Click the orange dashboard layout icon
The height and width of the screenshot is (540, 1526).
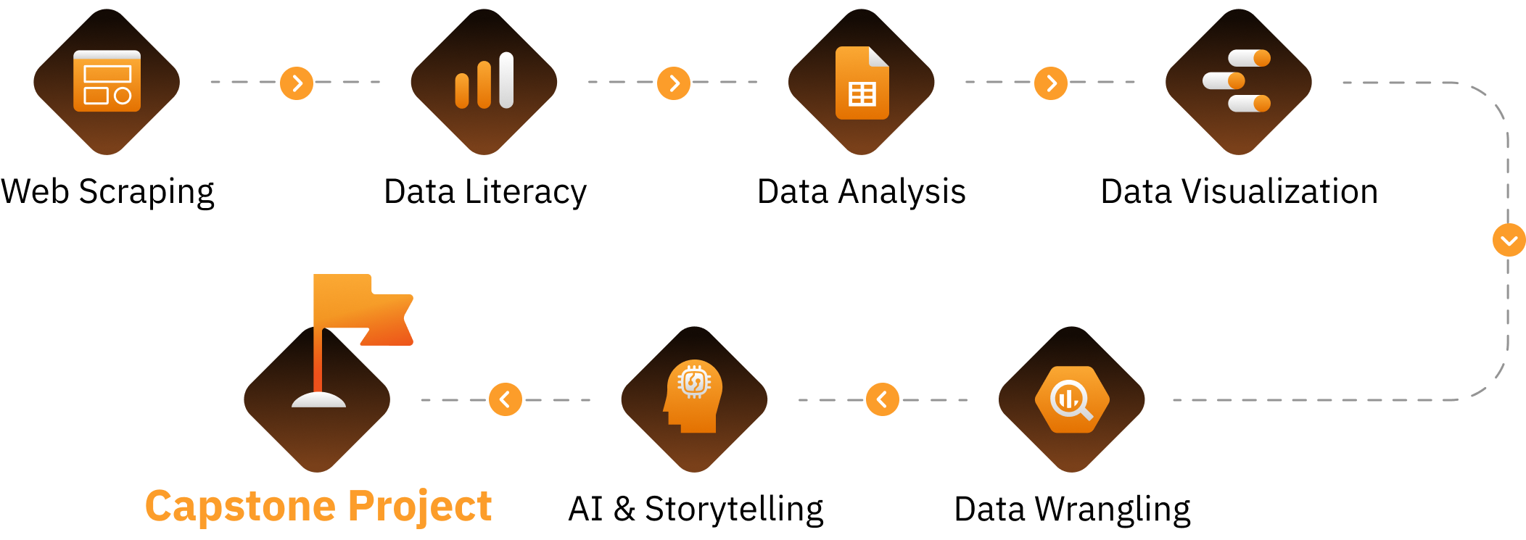tap(107, 81)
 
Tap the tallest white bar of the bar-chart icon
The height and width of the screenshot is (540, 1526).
tap(506, 80)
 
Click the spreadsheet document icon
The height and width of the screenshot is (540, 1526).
tap(862, 83)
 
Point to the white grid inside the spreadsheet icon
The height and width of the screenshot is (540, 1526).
tap(862, 94)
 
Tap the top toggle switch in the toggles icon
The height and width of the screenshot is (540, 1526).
tap(1249, 58)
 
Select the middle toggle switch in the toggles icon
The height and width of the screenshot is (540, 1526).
tap(1224, 80)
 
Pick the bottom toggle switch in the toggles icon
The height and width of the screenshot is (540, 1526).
tap(1249, 104)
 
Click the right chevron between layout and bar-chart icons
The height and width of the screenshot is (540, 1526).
tap(297, 83)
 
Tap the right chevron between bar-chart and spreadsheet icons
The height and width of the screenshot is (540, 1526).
tap(675, 83)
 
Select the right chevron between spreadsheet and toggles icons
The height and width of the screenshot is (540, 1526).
tap(1052, 83)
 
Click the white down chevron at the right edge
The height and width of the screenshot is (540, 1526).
tap(1509, 241)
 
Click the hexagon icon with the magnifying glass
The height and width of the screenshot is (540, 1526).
tap(1072, 399)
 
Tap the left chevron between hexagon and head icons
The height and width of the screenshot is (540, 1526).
tap(882, 399)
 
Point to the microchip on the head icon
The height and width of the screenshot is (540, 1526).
tap(694, 381)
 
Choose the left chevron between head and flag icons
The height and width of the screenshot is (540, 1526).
tap(505, 399)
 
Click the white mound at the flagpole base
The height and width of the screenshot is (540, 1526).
tap(318, 399)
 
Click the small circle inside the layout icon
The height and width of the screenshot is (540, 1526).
tap(123, 96)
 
